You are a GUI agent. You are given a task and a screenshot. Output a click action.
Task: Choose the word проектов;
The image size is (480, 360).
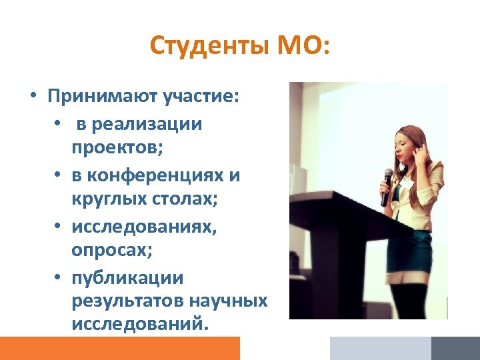coord(117,148)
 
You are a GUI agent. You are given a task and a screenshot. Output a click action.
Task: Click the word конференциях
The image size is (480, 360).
coord(158,175)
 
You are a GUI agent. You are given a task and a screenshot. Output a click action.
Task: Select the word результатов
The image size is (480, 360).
coord(127,301)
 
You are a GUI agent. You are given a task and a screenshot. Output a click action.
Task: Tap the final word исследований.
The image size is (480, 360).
coord(140,325)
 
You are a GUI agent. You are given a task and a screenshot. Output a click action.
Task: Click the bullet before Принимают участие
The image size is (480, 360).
coord(32,97)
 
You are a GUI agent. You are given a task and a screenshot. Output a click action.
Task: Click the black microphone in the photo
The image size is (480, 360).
coord(387,186)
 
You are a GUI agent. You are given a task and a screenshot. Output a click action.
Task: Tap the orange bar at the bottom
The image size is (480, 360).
coord(119,348)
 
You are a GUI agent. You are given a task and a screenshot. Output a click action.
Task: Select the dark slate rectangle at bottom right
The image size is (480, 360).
coord(455,348)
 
